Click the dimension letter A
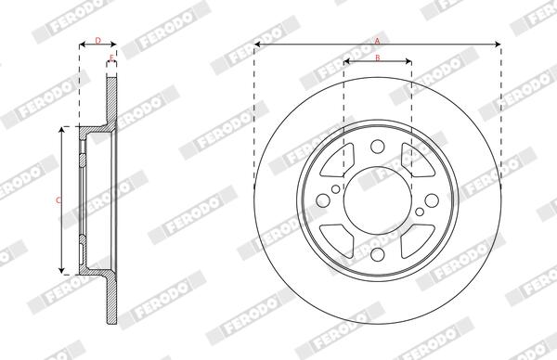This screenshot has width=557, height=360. [377, 40]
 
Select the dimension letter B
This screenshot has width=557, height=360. [377, 58]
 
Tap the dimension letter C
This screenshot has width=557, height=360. [57, 199]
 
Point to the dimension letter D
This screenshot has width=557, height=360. [97, 40]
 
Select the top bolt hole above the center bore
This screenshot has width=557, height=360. [377, 146]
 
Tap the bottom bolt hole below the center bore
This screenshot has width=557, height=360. [377, 257]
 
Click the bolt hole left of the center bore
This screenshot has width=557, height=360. [321, 201]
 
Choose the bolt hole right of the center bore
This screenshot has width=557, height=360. [433, 201]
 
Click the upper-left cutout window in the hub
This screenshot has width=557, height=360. [336, 163]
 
